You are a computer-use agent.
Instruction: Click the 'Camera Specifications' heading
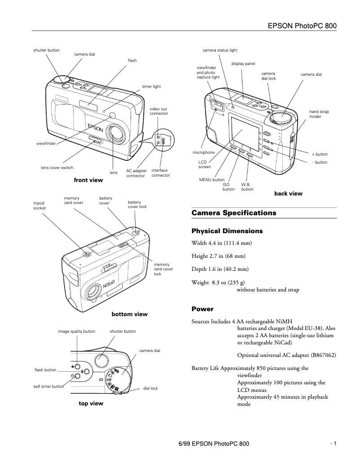pos(234,213)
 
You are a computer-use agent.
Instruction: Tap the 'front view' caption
pos(88,180)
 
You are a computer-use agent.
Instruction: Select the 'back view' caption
pos(288,194)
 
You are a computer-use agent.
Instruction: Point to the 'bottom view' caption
pos(129,314)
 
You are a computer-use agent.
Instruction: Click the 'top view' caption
pos(91,404)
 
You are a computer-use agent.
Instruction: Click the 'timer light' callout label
pos(151,86)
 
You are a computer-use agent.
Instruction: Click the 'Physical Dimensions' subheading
pos(227,231)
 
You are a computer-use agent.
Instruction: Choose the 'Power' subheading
pos(202,309)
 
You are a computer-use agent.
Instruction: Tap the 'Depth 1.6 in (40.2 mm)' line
pos(220,269)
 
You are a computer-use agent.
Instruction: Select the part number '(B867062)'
pos(323,355)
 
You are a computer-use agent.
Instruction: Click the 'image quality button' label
pos(76,331)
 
